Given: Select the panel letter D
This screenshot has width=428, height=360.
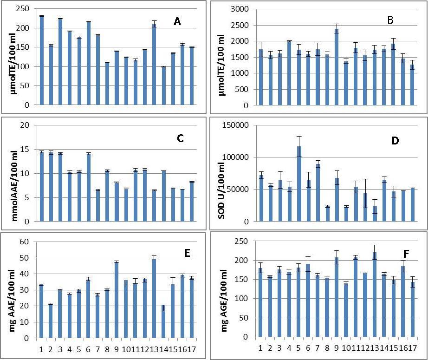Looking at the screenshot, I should tap(396, 141).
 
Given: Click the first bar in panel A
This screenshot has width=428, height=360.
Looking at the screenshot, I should tap(41, 60).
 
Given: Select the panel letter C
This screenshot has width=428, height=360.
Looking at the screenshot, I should tap(181, 138).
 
